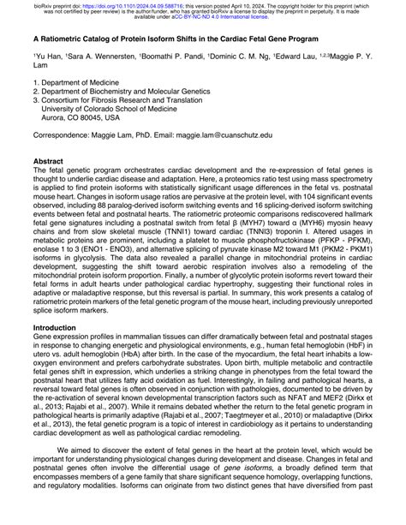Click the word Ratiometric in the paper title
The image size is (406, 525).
[71, 39]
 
